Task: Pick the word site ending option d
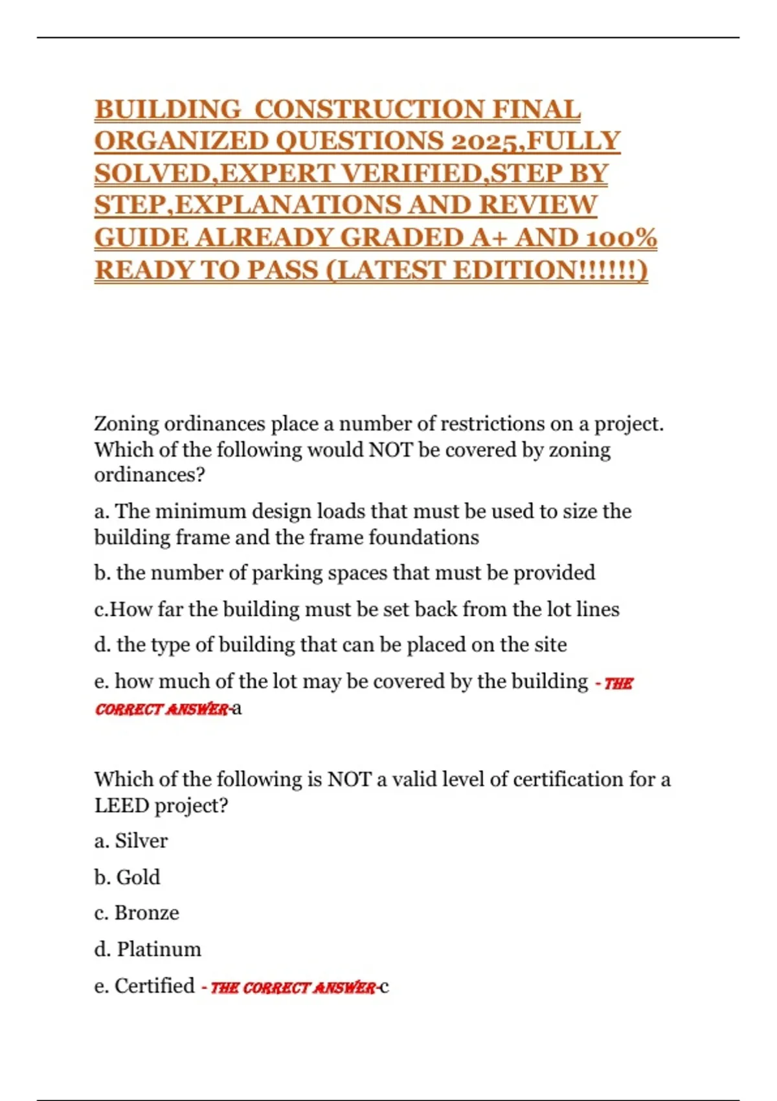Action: pos(550,645)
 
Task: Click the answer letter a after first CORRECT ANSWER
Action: pos(237,708)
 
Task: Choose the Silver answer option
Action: pos(141,841)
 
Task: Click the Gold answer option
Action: pos(139,878)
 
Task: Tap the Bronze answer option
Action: pos(146,913)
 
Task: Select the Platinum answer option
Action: pos(159,949)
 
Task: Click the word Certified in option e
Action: pos(154,986)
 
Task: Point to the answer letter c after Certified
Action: pos(384,987)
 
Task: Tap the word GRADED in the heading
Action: pos(399,238)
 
